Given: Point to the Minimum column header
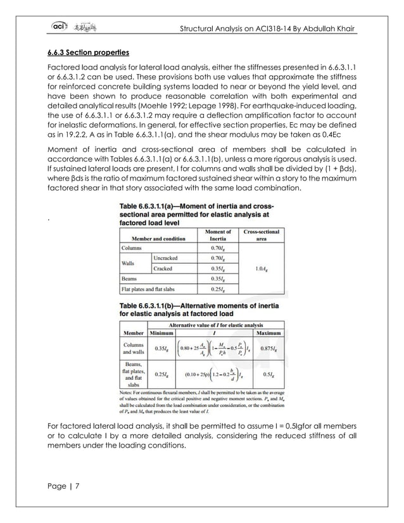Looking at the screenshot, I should pos(161,332).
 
